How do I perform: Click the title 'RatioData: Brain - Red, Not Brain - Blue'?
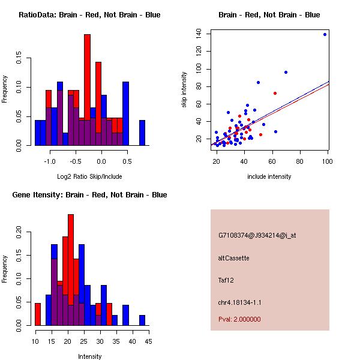tap(89, 15)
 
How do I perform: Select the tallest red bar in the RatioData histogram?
tap(87, 90)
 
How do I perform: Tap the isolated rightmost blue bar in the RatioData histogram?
tap(142, 133)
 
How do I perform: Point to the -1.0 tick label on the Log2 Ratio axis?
tap(50, 161)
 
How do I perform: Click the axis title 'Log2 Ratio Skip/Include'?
tap(89, 176)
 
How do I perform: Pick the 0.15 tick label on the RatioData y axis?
tap(19, 58)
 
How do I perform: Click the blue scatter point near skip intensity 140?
tap(325, 35)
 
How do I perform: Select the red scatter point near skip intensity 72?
tap(275, 93)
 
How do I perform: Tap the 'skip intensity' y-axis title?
tap(184, 89)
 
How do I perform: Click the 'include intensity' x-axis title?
tap(269, 176)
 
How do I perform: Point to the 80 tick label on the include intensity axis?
tap(299, 161)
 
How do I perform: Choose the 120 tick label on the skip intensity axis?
tap(199, 51)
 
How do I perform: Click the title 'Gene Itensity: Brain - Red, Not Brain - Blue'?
tap(89, 195)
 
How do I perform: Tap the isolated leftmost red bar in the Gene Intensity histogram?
tap(38, 314)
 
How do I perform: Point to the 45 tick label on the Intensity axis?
tap(149, 341)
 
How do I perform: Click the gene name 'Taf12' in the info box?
tap(226, 280)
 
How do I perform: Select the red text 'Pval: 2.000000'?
tap(239, 319)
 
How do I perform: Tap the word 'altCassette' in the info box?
tap(234, 258)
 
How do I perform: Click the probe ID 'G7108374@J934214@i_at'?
tap(257, 236)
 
